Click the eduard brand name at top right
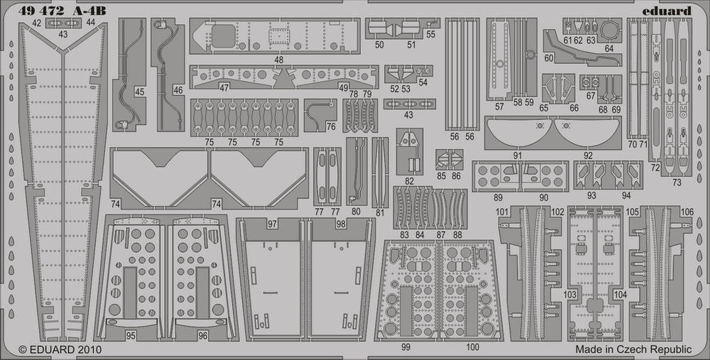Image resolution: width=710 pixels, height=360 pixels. point(667,11)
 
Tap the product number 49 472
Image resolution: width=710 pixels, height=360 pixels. point(41,11)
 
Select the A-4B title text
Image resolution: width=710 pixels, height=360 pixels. point(89,11)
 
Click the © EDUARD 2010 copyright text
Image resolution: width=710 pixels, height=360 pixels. point(60,349)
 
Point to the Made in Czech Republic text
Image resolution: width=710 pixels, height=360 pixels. point(633,349)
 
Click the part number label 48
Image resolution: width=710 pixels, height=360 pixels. point(278,60)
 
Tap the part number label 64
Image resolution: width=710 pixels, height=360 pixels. point(608,48)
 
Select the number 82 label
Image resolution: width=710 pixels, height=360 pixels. point(410,181)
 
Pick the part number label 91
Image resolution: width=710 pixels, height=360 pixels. point(518,156)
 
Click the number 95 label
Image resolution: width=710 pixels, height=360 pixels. point(131,336)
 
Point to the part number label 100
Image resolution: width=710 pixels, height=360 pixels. point(472,347)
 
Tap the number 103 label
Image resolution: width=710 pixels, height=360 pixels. point(570,295)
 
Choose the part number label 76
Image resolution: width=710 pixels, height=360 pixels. point(331,127)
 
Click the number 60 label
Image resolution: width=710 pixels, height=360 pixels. point(550,58)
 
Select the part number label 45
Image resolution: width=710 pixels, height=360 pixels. point(139,92)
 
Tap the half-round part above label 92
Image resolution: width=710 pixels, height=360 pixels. point(588,131)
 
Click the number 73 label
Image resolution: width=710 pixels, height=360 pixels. point(677,182)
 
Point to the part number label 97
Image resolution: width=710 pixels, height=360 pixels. point(272,224)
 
